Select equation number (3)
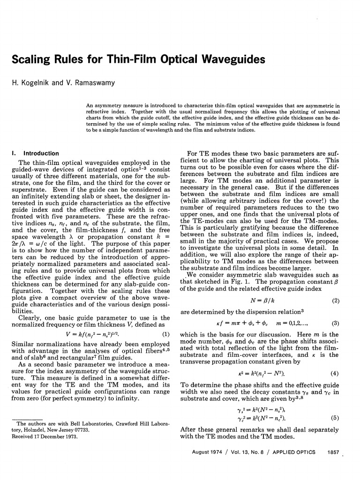coord(335,323)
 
